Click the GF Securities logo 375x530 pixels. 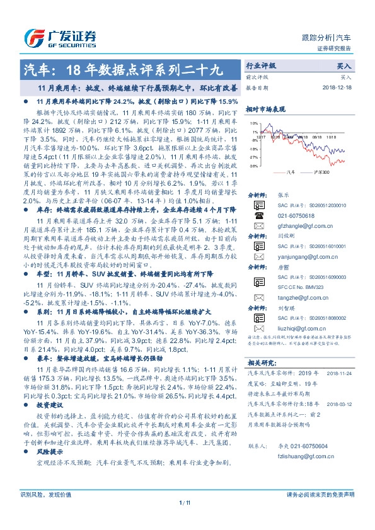(x=59, y=37)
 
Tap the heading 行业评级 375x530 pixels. (x=261, y=65)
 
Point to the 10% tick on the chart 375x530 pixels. (x=253, y=123)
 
